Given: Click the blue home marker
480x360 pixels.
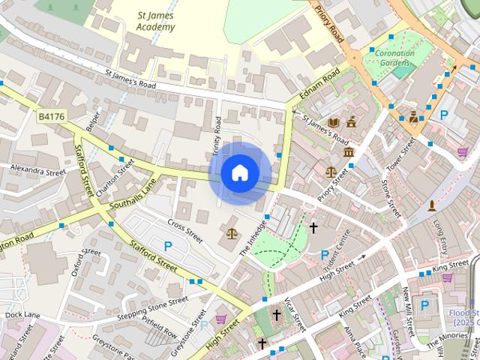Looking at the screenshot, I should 240,173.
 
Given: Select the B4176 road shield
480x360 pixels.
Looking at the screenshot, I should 52,116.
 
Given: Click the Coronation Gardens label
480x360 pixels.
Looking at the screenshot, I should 394,58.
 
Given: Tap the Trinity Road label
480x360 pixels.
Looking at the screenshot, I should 217,135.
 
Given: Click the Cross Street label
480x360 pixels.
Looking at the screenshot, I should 185,231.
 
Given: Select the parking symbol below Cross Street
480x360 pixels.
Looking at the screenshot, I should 168,247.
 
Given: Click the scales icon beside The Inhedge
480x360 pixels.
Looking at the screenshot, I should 231,233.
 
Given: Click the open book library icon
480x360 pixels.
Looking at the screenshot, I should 334,122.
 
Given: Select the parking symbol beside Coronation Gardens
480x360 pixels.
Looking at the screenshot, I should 445,115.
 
